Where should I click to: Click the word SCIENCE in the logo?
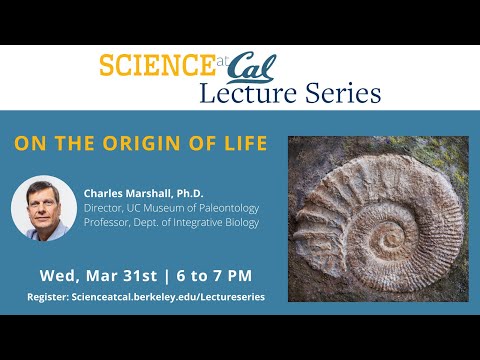155,67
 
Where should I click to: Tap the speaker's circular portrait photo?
44,207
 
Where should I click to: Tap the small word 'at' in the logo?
222,61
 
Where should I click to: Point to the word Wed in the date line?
58,274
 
